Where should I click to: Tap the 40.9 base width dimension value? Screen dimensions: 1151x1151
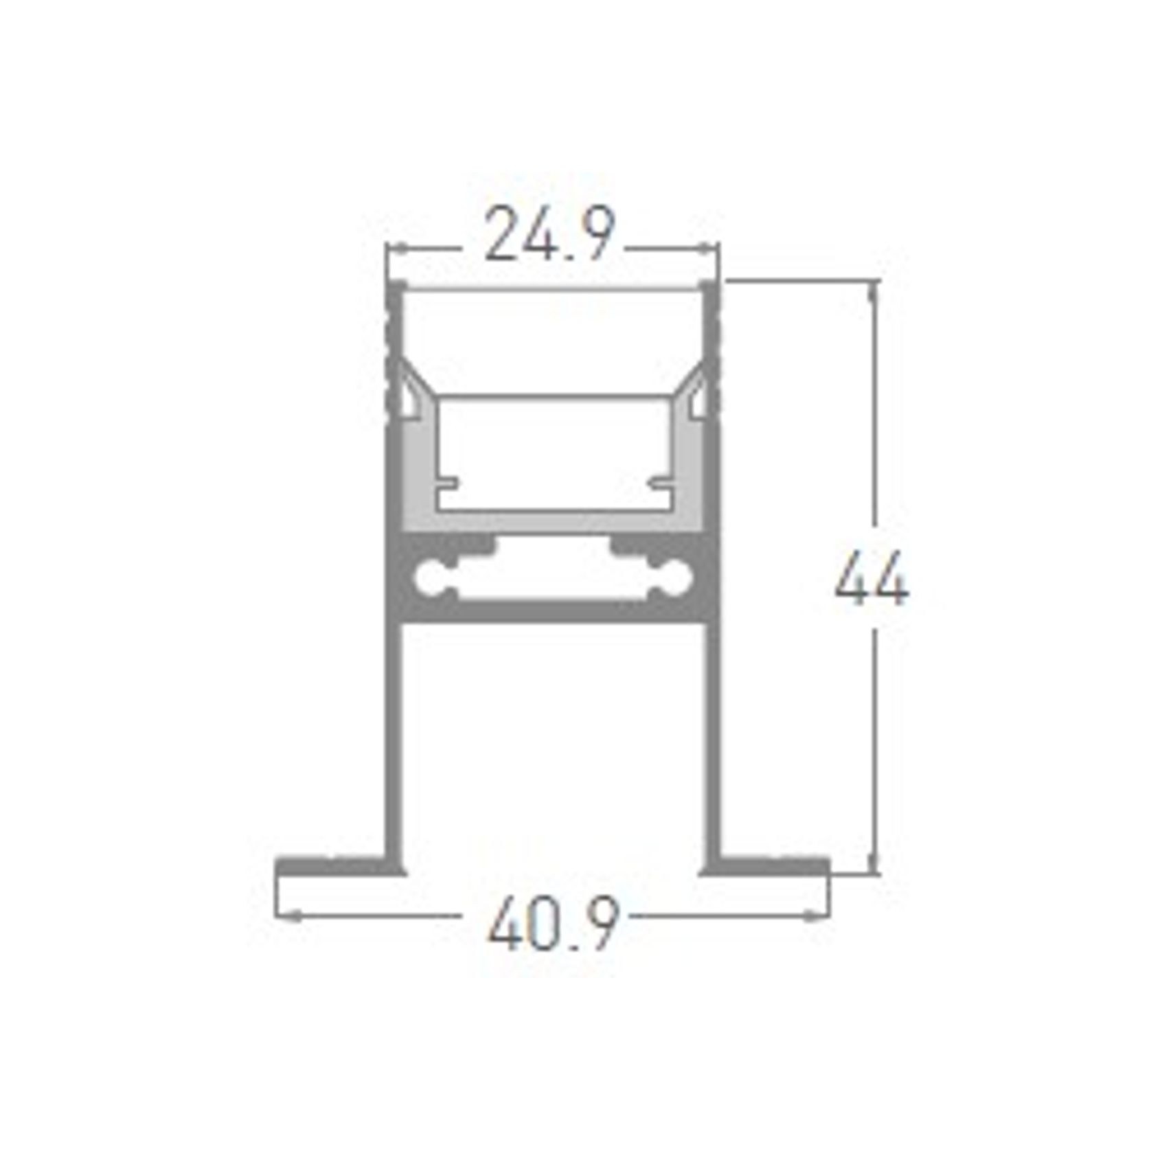[x=554, y=922]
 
